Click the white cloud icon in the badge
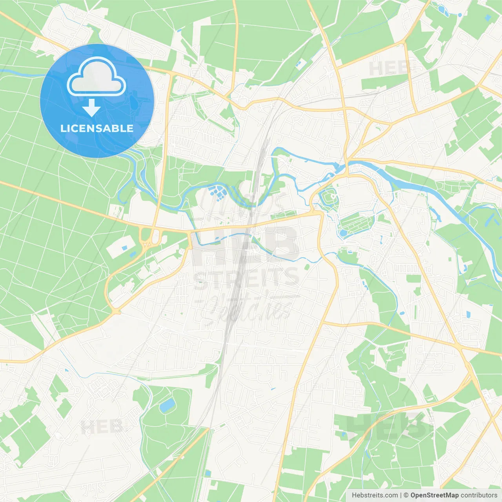(x=96, y=77)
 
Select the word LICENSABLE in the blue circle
(x=97, y=128)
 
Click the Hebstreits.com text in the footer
(x=375, y=495)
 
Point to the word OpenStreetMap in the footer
(x=434, y=495)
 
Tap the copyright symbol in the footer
(x=406, y=495)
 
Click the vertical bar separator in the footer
(x=401, y=495)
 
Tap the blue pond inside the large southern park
(x=167, y=405)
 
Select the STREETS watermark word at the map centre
(x=247, y=278)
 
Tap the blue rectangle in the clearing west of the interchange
(x=124, y=248)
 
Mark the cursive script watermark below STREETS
(x=247, y=308)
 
